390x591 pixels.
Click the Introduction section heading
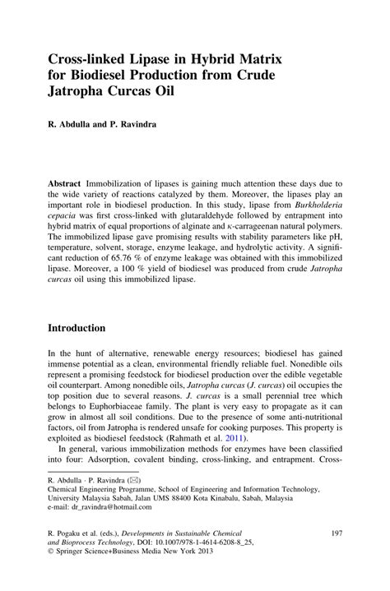[x=77, y=328]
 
